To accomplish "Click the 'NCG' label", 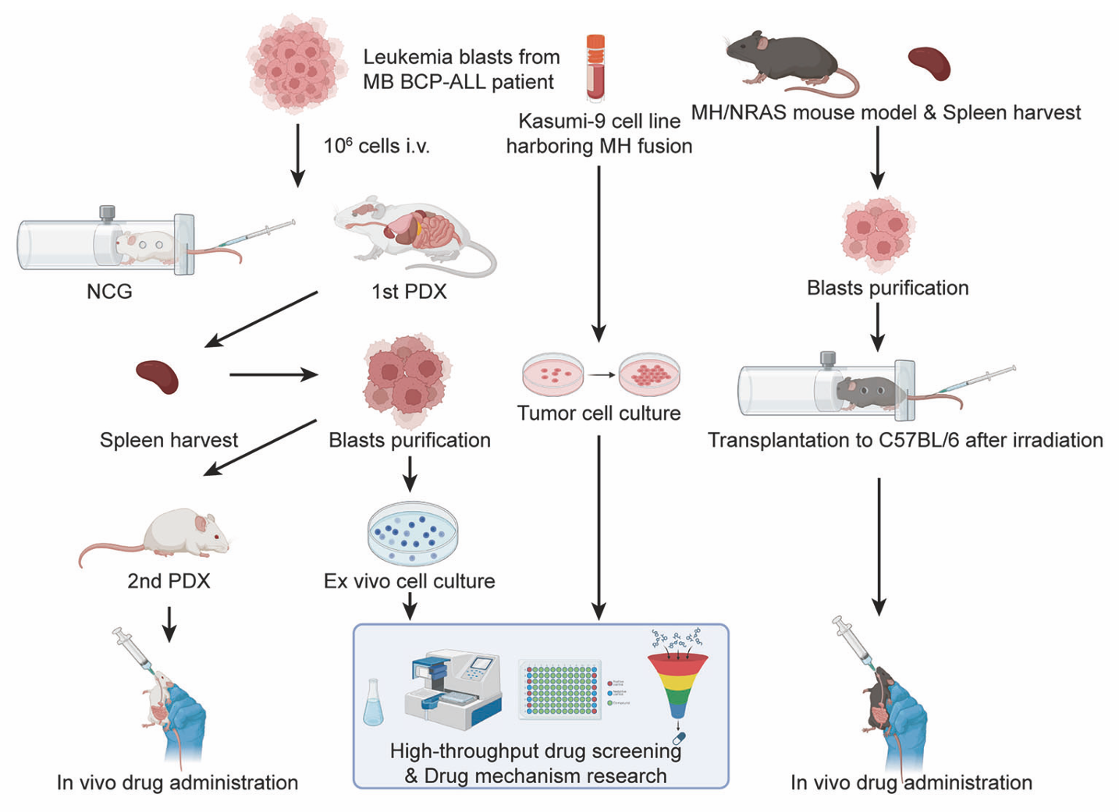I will (x=109, y=292).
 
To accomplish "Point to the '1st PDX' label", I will (x=409, y=292).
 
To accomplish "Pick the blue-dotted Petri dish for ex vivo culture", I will (x=412, y=532).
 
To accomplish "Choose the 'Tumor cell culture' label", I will (x=599, y=413).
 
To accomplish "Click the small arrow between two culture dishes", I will (x=601, y=375).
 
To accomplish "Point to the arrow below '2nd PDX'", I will (x=169, y=623).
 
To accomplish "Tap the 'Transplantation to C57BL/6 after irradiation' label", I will (x=905, y=440).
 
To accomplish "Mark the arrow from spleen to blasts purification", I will (x=273, y=375).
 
